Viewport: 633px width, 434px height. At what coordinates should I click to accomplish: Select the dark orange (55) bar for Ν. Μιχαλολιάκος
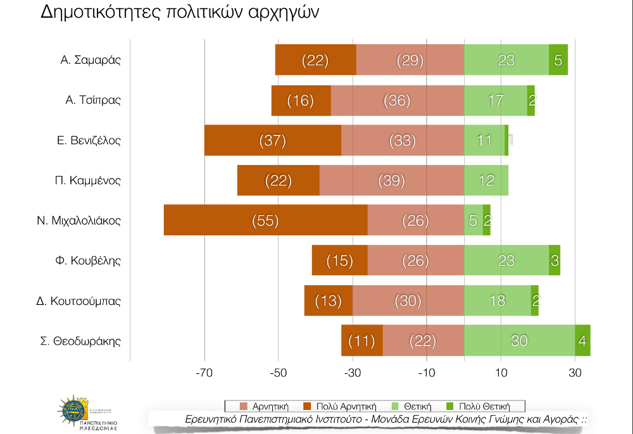(265, 220)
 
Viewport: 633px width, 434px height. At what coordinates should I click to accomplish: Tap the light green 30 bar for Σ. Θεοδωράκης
(519, 340)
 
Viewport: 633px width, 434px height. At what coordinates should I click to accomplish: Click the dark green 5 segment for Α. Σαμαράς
(558, 60)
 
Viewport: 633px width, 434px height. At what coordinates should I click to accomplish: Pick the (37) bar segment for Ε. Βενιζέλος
(273, 140)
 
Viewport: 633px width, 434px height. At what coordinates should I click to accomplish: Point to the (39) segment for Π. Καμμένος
(391, 180)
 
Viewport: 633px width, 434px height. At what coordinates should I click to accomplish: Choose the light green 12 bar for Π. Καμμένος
(486, 180)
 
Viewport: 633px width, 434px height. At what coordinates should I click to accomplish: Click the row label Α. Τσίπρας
(93, 100)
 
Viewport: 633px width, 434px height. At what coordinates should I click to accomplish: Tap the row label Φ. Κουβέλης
(89, 261)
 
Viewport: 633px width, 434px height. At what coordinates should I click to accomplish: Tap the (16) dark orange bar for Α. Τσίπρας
(301, 100)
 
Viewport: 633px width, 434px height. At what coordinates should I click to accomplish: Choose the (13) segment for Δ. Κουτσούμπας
(328, 301)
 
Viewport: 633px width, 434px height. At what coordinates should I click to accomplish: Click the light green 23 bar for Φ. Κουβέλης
(506, 261)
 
